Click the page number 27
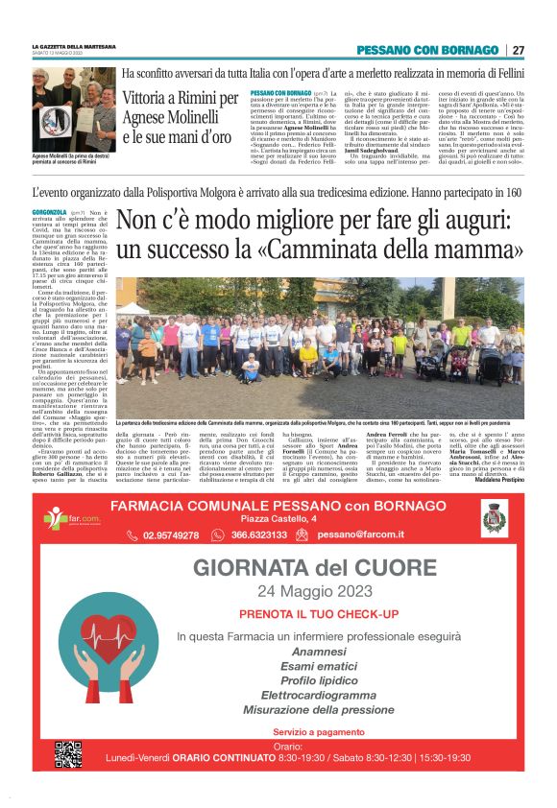(x=518, y=50)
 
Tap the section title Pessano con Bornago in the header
(x=428, y=50)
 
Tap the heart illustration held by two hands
(x=104, y=654)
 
